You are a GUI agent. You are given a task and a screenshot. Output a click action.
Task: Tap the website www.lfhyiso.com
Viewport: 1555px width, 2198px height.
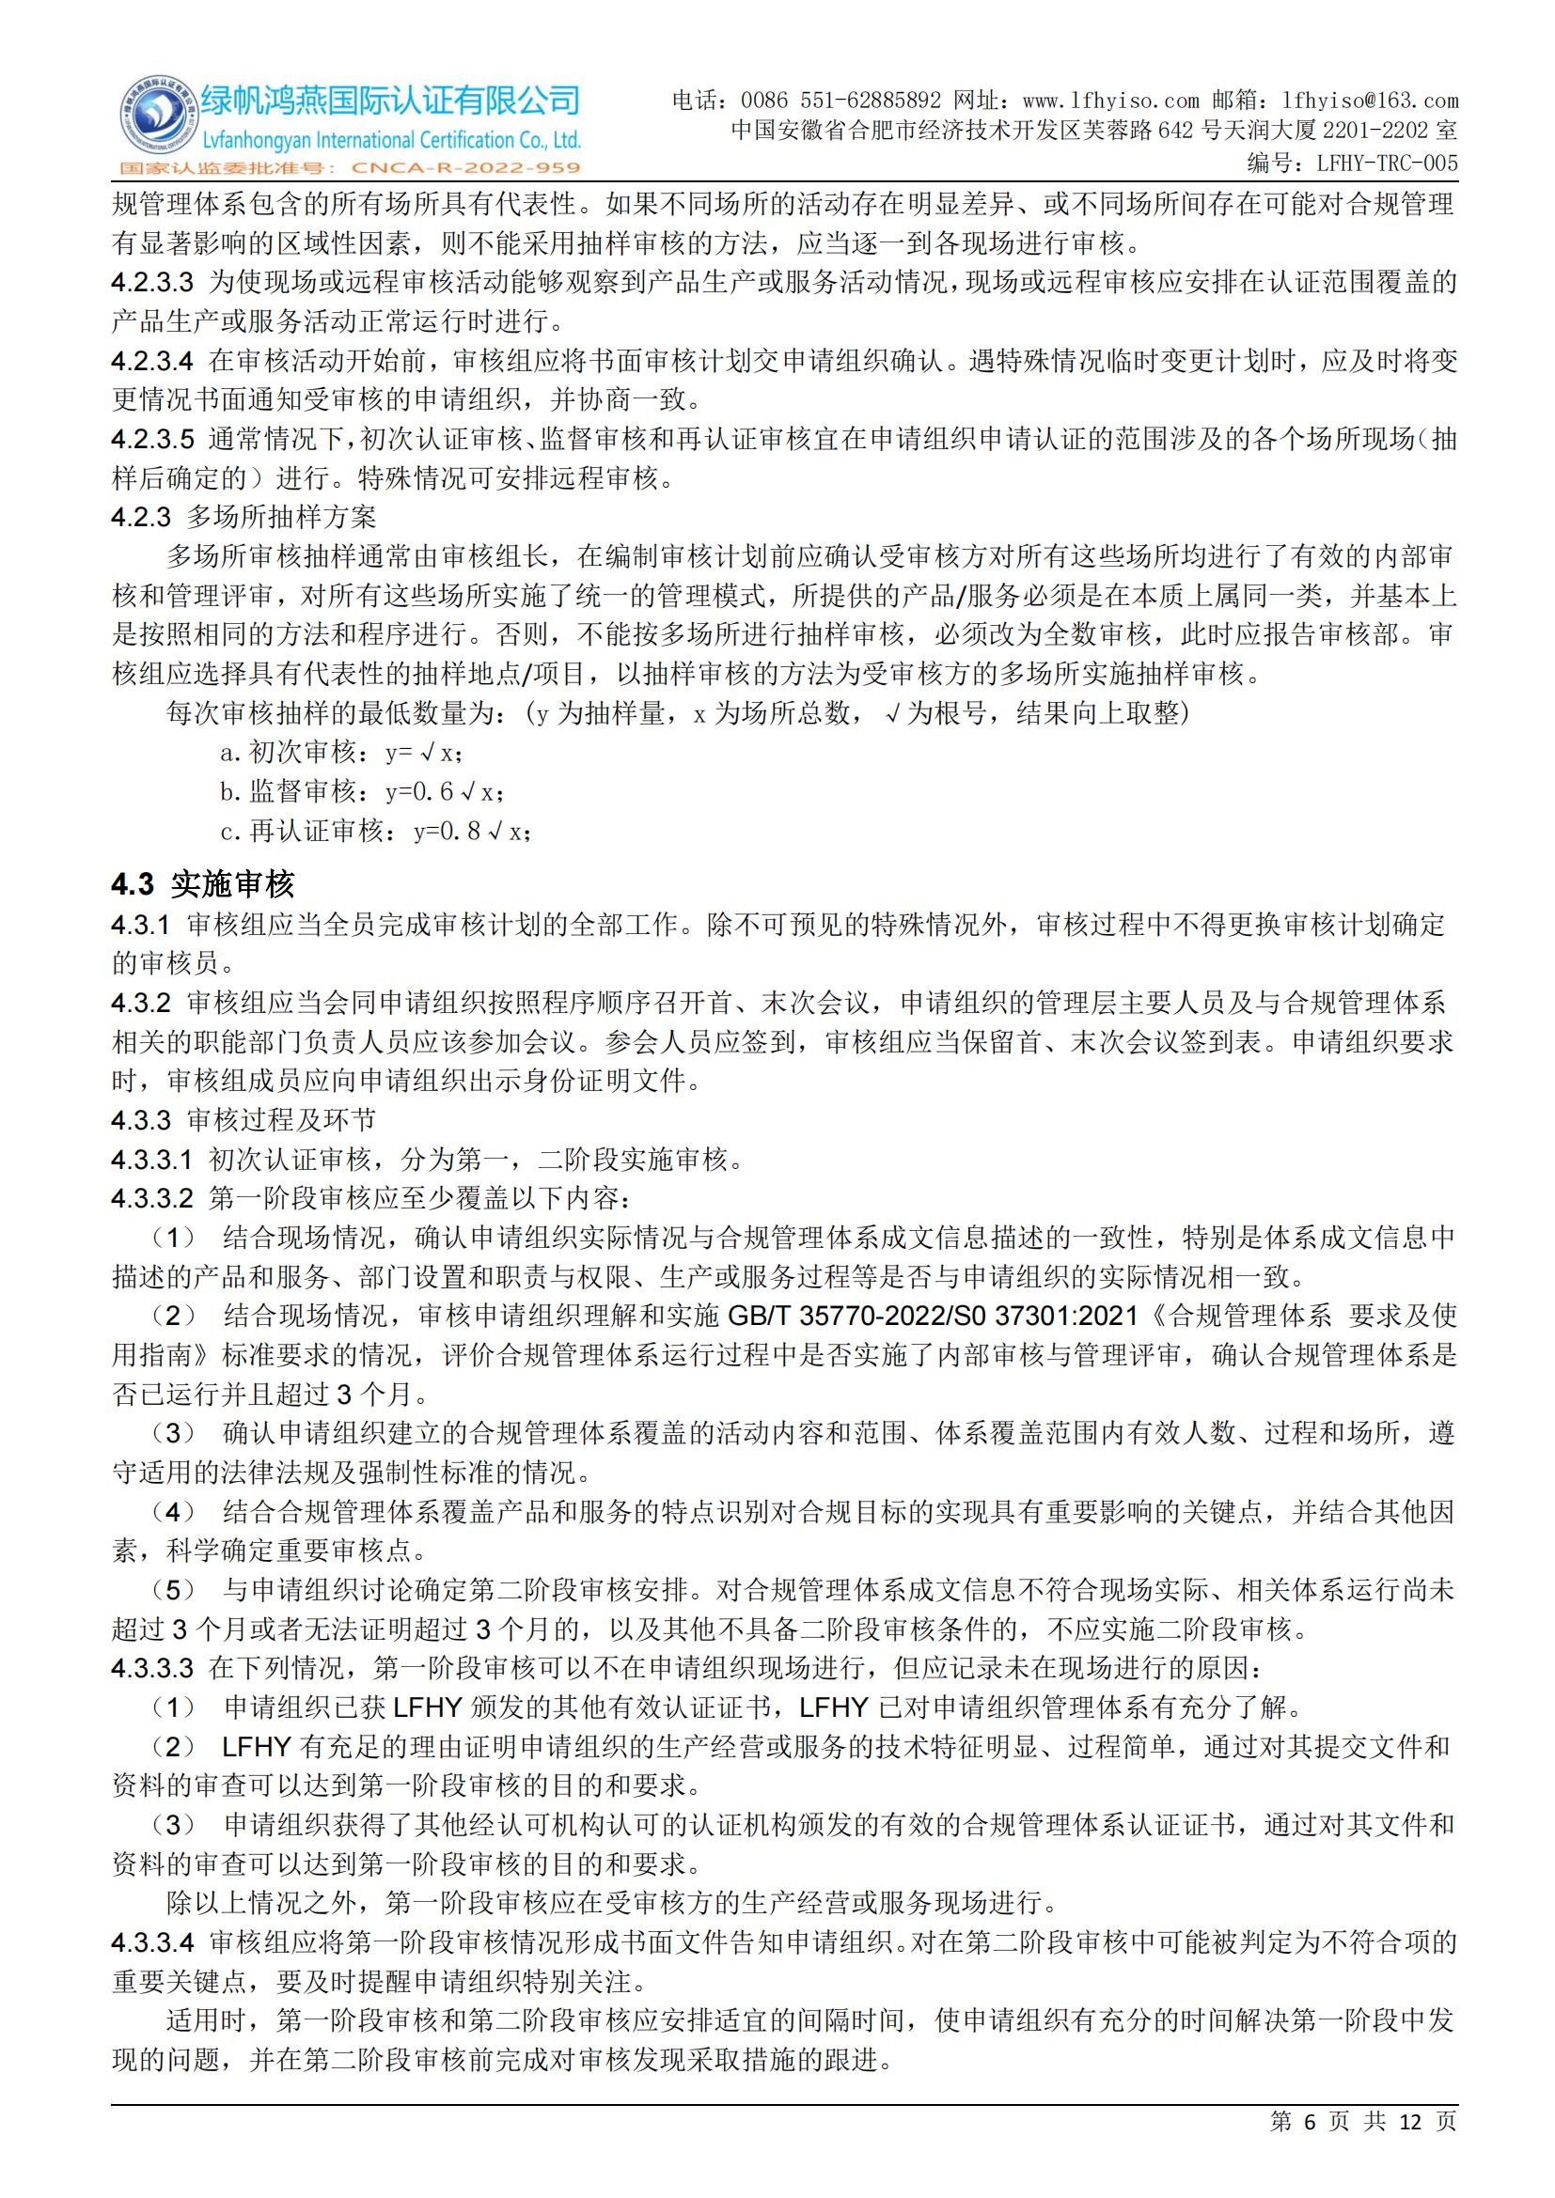point(1110,101)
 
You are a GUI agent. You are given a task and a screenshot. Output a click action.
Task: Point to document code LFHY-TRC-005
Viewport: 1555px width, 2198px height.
point(1387,164)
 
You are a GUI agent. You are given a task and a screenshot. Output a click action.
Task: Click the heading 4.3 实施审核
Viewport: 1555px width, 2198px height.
point(203,883)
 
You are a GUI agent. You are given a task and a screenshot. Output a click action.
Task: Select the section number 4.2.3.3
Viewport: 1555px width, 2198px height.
point(152,283)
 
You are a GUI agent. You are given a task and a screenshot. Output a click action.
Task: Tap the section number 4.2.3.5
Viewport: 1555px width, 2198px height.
point(152,440)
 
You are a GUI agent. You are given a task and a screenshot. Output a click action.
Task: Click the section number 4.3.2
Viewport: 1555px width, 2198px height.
point(141,1004)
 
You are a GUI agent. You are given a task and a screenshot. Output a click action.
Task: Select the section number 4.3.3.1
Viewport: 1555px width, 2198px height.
point(152,1161)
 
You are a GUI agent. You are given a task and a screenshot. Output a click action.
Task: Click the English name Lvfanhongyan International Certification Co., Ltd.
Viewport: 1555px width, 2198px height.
point(390,141)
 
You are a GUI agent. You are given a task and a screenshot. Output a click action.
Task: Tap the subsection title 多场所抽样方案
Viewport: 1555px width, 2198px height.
point(281,518)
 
